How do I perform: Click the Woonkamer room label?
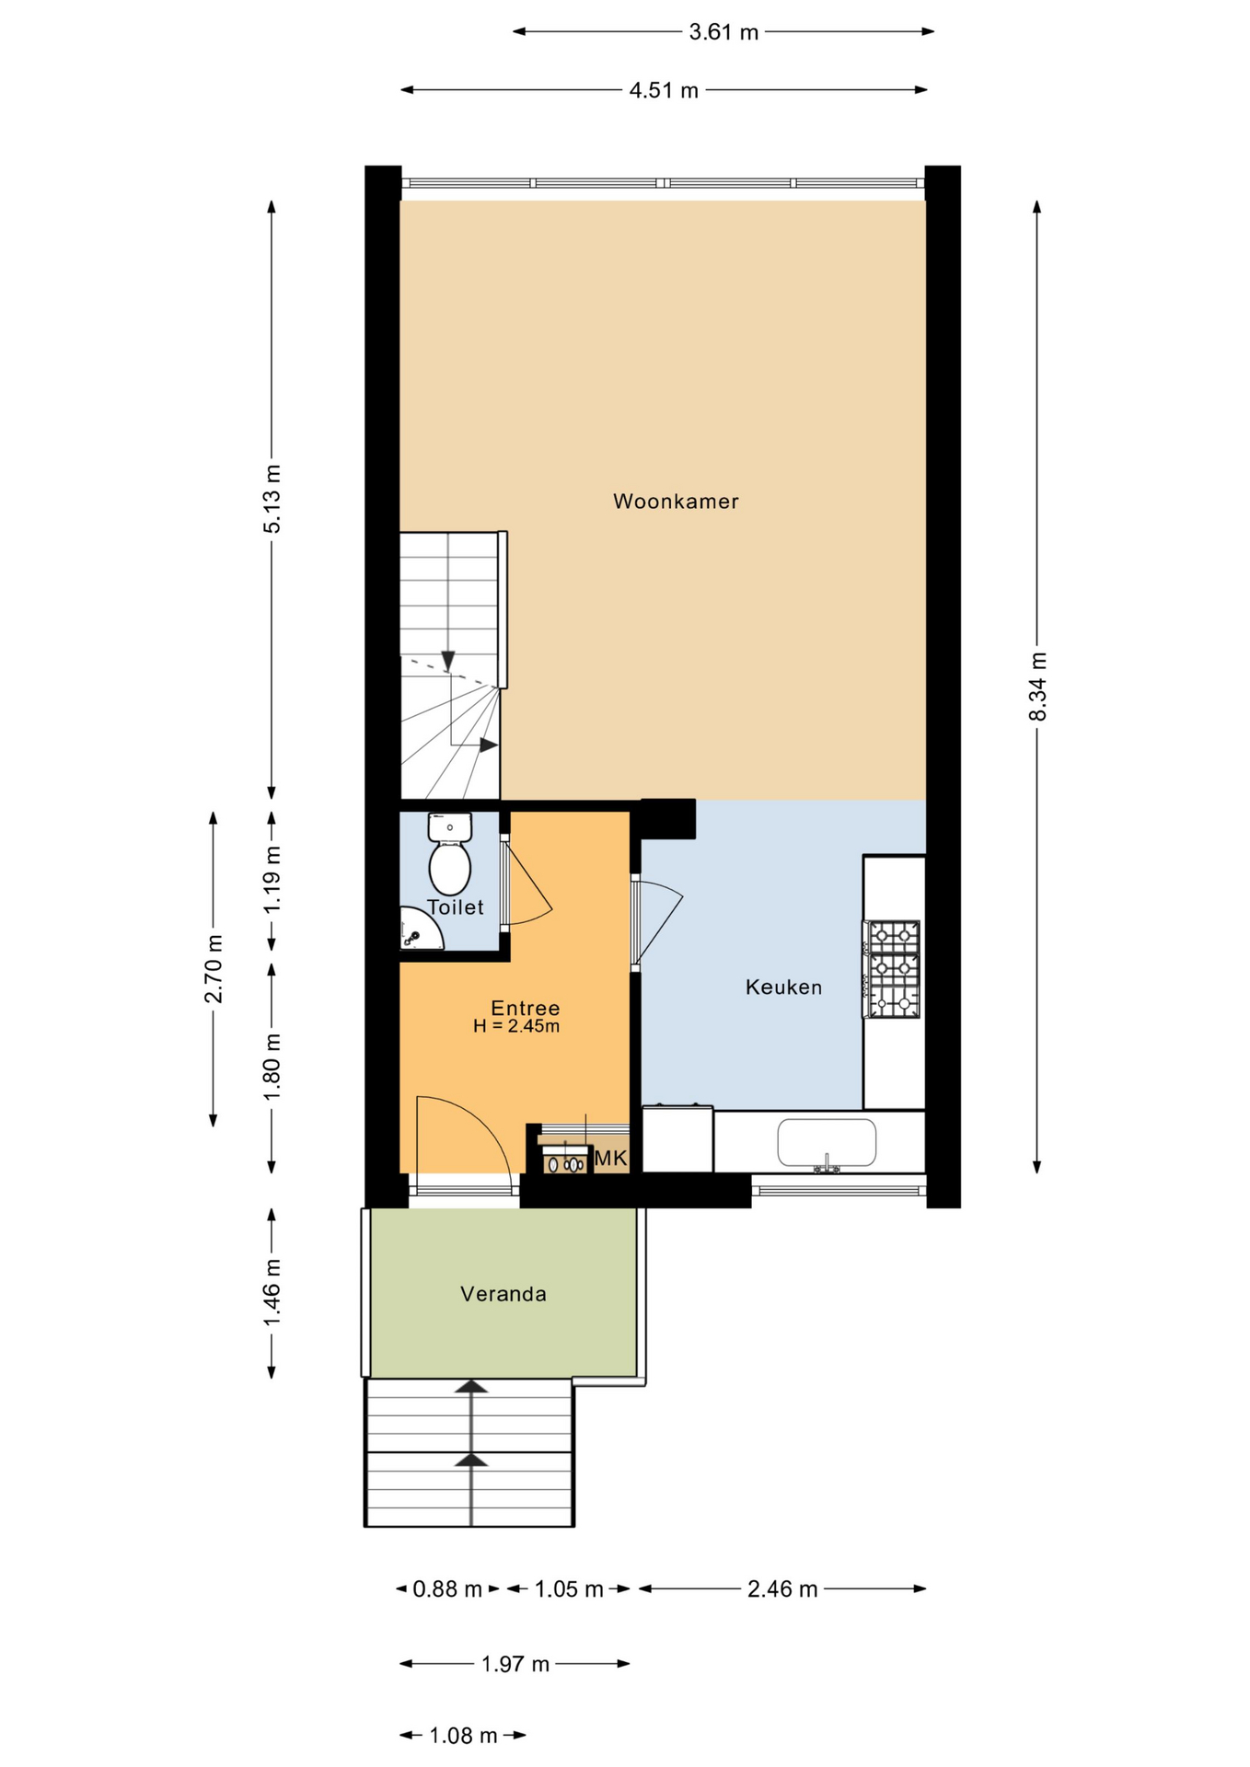pos(676,502)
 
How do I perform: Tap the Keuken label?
pos(783,987)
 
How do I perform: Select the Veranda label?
pos(503,1294)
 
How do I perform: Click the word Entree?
pos(525,1008)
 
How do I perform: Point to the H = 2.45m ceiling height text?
pos(516,1026)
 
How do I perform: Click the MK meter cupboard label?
pos(610,1159)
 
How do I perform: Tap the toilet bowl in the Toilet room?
pos(450,868)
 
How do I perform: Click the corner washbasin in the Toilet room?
pos(420,930)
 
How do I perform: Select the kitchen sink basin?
pos(827,1143)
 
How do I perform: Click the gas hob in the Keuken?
pos(892,969)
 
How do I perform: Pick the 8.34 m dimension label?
pos(1037,687)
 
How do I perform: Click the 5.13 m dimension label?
pos(272,499)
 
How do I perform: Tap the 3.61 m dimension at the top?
pos(724,32)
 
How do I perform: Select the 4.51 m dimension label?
pos(664,90)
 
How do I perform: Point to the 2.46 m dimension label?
pos(782,1589)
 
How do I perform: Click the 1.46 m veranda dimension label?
pos(272,1294)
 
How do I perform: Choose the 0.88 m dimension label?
pos(447,1589)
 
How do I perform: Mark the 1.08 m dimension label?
pos(463,1736)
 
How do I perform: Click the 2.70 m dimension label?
pos(214,968)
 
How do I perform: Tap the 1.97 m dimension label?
pos(515,1664)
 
